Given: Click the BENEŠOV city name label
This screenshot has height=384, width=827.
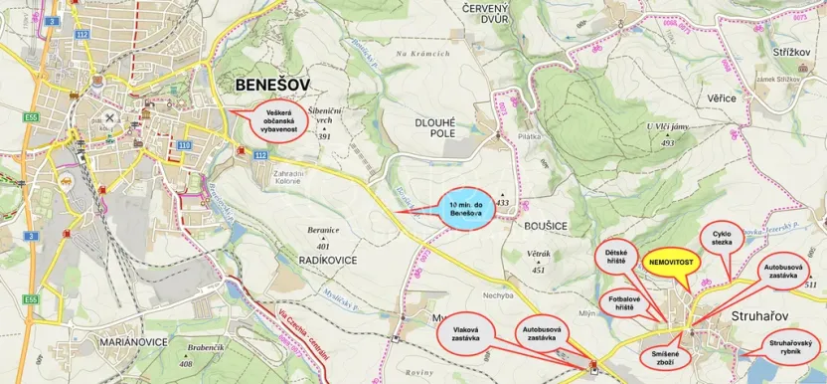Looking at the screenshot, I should pyautogui.click(x=271, y=86).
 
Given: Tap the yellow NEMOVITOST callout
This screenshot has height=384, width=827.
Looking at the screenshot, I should pyautogui.click(x=673, y=262).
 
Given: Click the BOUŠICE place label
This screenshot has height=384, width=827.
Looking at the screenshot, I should pyautogui.click(x=542, y=226).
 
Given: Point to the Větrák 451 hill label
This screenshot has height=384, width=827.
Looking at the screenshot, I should pyautogui.click(x=539, y=261).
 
